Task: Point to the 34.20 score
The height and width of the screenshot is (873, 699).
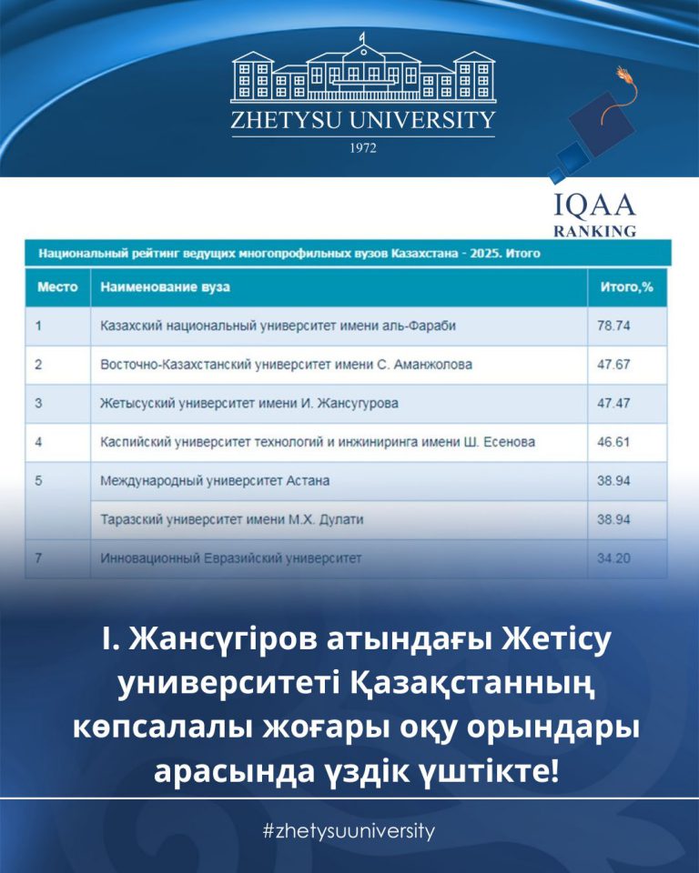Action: [x=613, y=557]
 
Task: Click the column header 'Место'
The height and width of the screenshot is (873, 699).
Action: [x=57, y=286]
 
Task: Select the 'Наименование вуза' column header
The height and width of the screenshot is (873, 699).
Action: [x=165, y=286]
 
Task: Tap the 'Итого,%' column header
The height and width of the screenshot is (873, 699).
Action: [x=627, y=286]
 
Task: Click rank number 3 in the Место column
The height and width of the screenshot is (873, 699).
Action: [x=38, y=402]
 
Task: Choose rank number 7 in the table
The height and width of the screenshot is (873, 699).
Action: [x=38, y=557]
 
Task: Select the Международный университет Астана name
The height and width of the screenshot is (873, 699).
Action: [x=215, y=479]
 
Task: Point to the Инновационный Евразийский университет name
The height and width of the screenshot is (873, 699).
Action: [x=230, y=557]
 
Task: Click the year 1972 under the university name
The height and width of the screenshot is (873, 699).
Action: [x=362, y=146]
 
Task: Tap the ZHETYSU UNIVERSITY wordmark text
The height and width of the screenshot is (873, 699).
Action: [x=362, y=120]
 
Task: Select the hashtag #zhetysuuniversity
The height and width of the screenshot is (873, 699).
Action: [x=349, y=831]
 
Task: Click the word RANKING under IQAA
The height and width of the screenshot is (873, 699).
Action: [x=595, y=231]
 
